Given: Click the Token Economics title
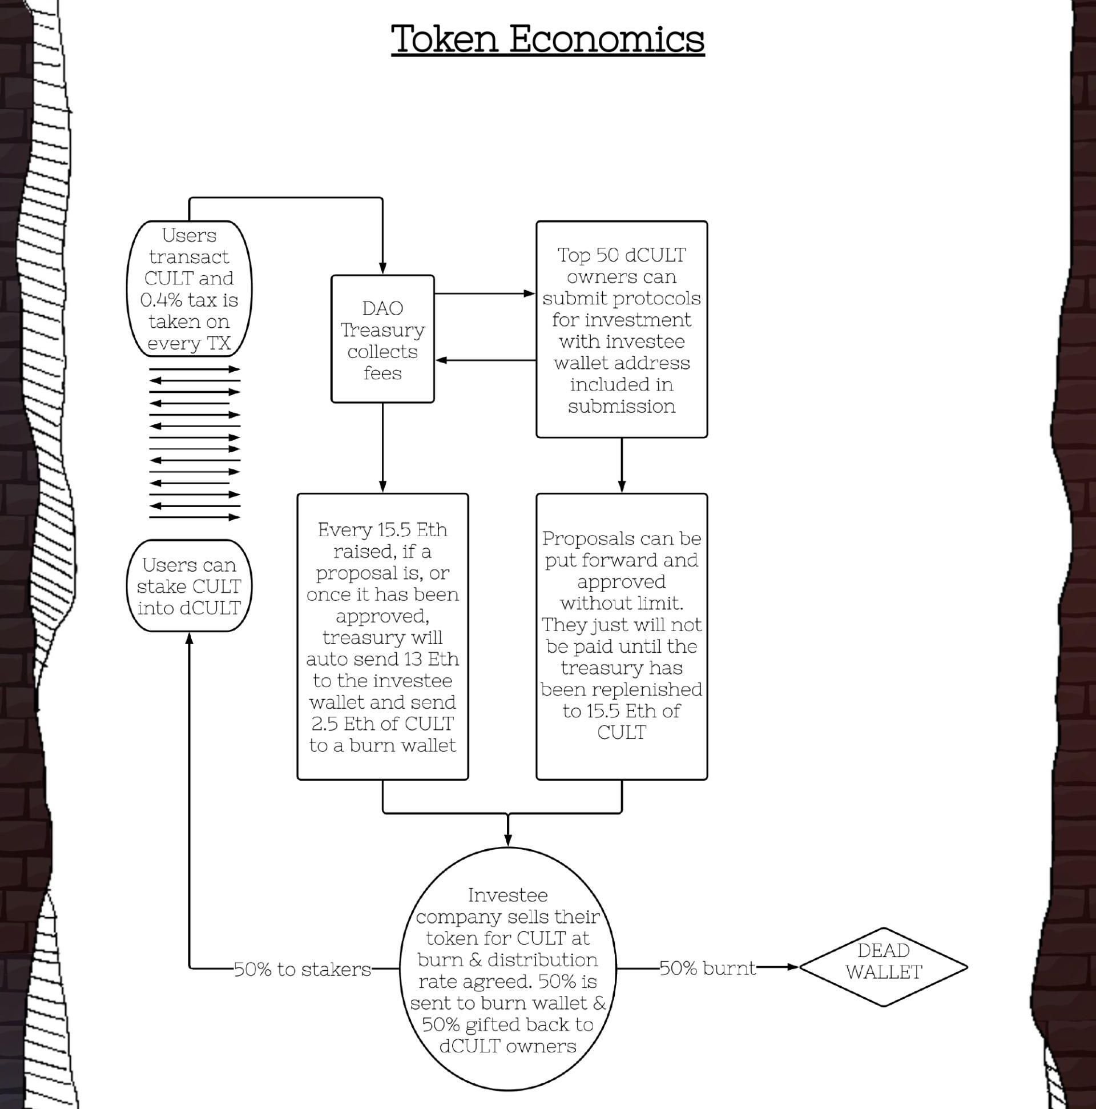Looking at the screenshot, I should pyautogui.click(x=547, y=39).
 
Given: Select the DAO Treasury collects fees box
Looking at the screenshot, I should pyautogui.click(x=382, y=339).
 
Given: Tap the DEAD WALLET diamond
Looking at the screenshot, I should pyautogui.click(x=883, y=967).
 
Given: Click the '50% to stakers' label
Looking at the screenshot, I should pyautogui.click(x=303, y=969).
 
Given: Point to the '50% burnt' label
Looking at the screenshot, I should pyautogui.click(x=707, y=968).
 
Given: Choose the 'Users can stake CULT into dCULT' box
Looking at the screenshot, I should pyautogui.click(x=189, y=586).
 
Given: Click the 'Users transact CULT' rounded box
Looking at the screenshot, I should pyautogui.click(x=189, y=289).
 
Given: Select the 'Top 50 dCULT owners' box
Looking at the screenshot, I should pyautogui.click(x=622, y=330).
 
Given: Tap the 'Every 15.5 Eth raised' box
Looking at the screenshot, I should pyautogui.click(x=382, y=637).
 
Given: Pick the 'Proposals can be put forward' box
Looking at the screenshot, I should pyautogui.click(x=622, y=637).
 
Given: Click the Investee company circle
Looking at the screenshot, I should pyautogui.click(x=507, y=970).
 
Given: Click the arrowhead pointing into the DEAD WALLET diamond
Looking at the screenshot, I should pyautogui.click(x=792, y=967).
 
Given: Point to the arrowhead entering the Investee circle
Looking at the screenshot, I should pyautogui.click(x=507, y=839).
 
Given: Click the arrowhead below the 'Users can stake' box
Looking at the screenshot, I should pyautogui.click(x=189, y=638).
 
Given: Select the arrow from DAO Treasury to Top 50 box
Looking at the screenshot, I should pyautogui.click(x=485, y=294).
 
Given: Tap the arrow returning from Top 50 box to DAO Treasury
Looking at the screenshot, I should pyautogui.click(x=485, y=360).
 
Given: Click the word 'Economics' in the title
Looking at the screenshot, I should pyautogui.click(x=607, y=39).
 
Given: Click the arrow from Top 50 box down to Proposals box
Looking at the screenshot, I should pyautogui.click(x=622, y=465).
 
